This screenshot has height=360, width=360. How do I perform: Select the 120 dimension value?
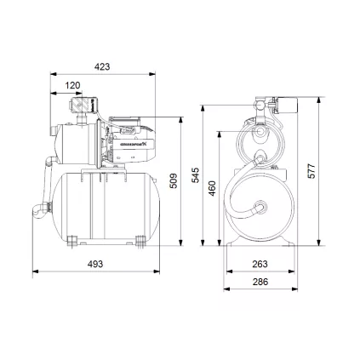pos(73,85)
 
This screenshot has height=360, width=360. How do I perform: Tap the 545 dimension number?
pos(196,176)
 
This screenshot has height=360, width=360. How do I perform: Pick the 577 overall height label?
pos(311,172)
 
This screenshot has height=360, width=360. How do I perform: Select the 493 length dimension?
pos(95,264)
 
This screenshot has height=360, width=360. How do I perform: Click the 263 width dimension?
pos(260,264)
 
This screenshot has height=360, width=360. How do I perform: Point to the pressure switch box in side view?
pos(80,106)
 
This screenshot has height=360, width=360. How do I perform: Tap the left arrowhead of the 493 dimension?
pos(36,274)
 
